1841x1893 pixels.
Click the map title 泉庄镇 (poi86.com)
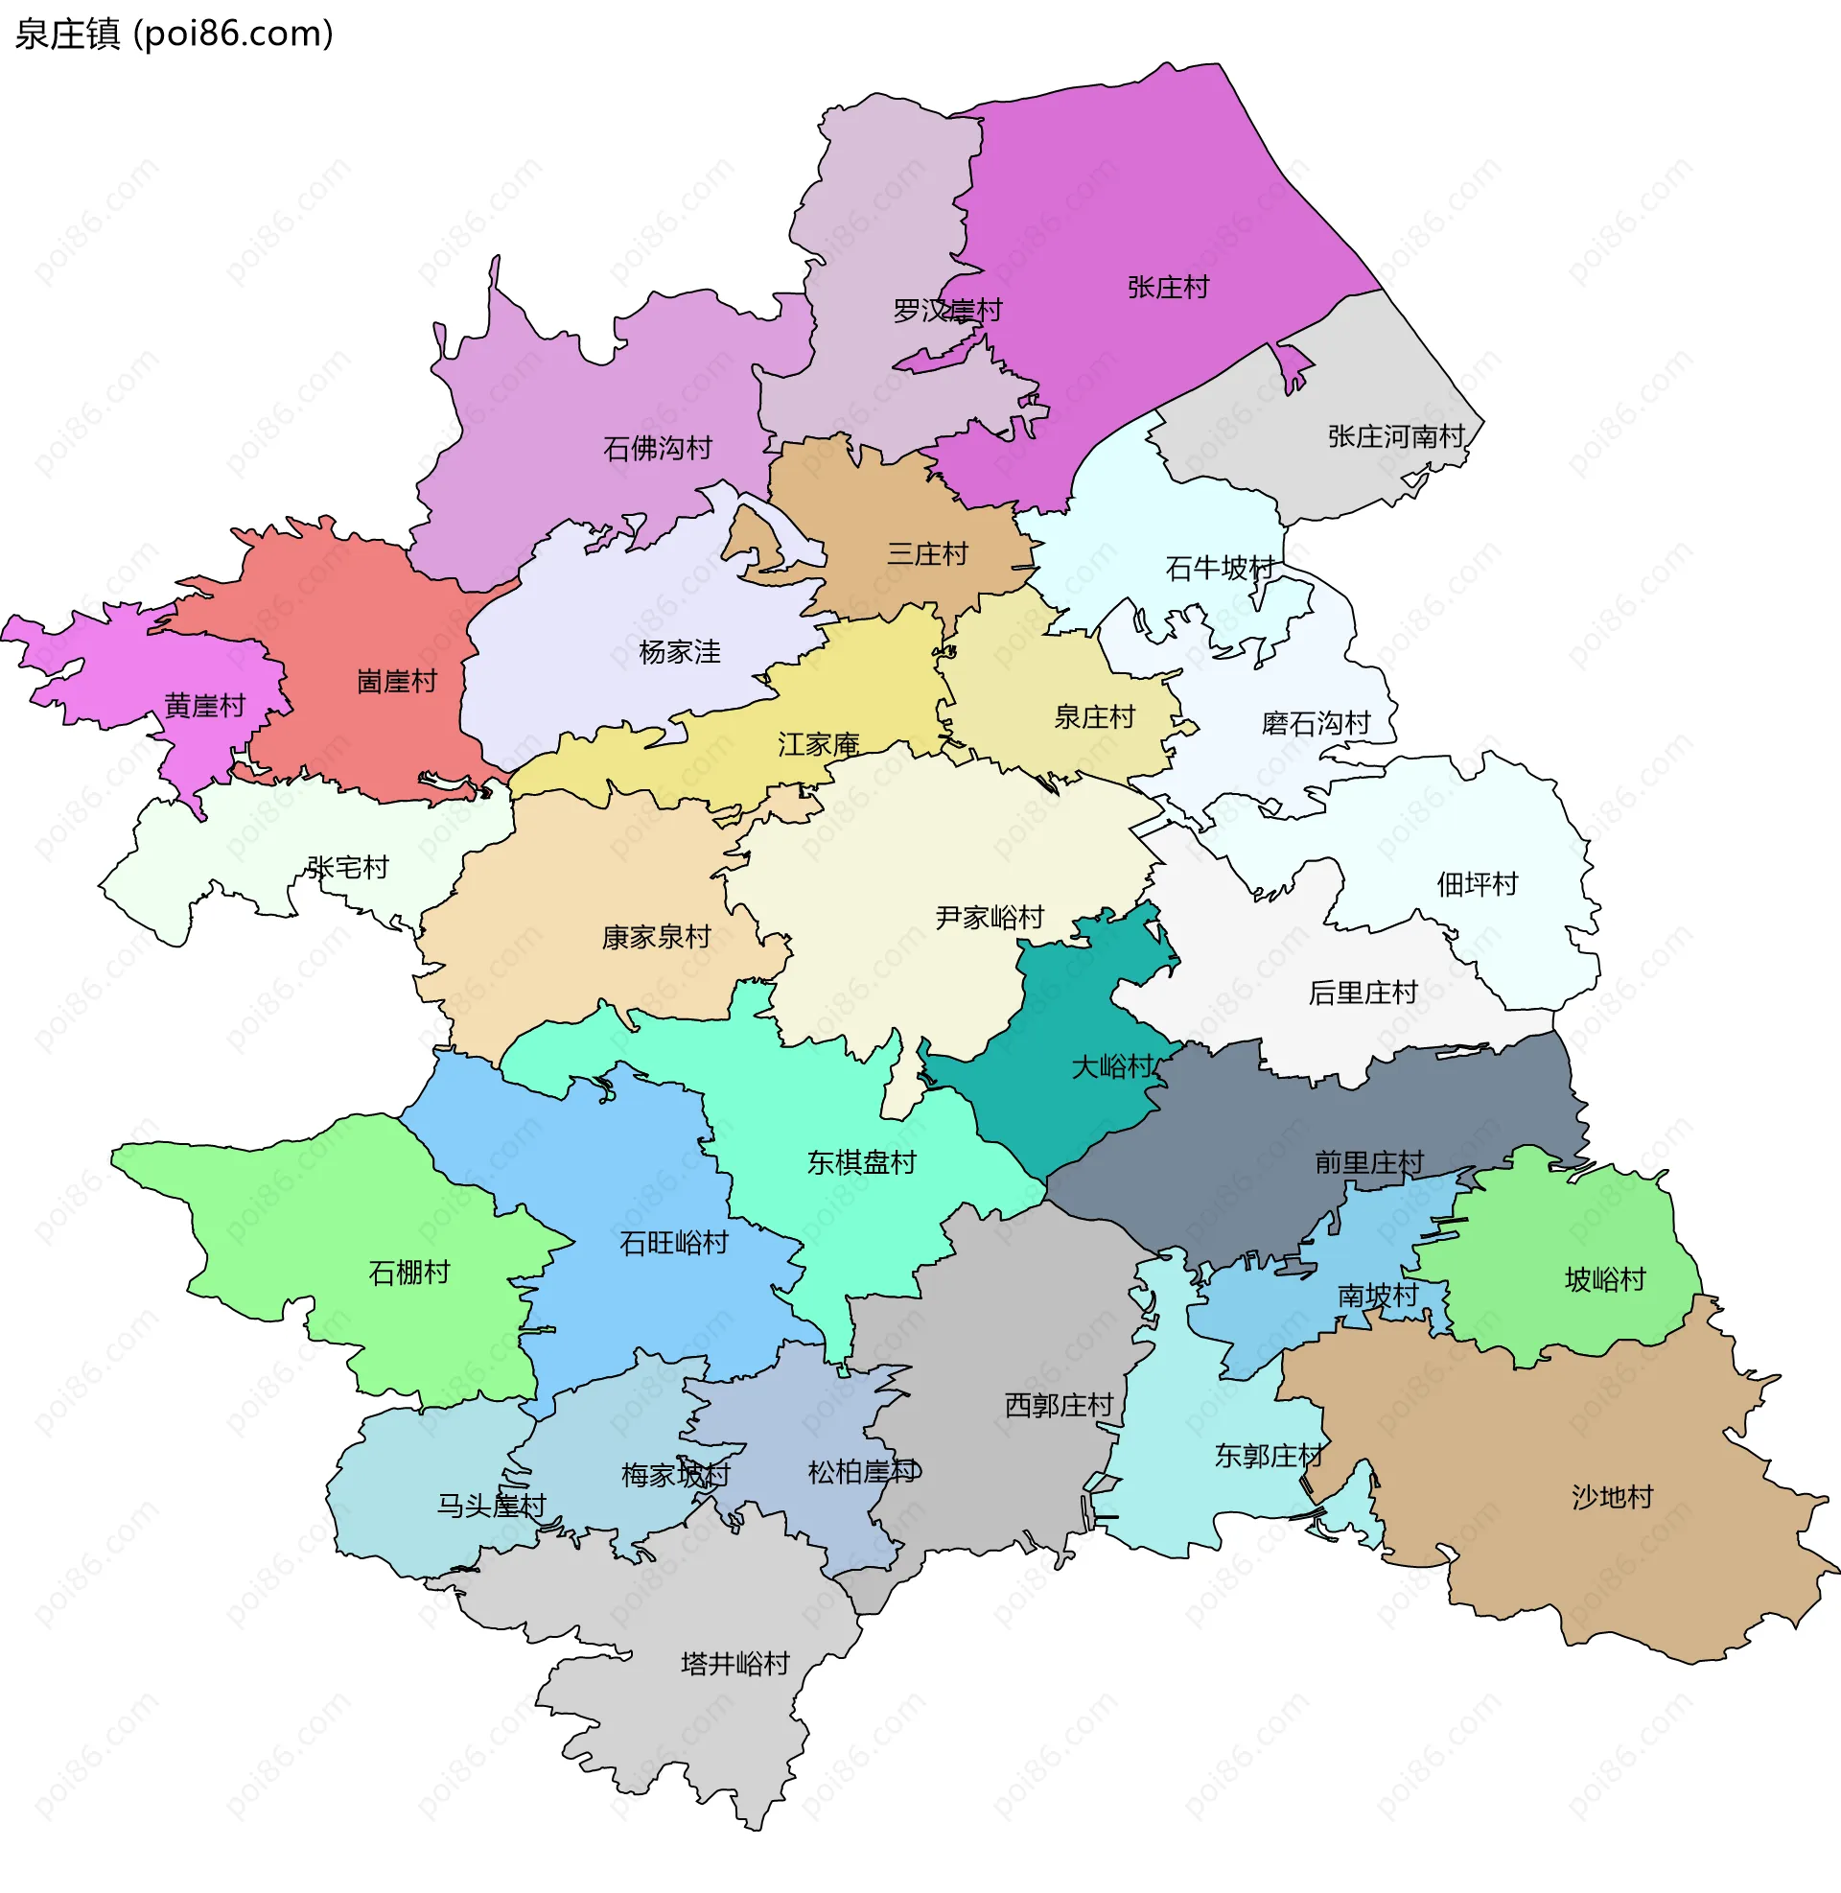175,34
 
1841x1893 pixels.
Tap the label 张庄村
1168,287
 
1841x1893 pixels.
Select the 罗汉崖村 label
947,311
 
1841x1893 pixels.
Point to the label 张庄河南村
1396,437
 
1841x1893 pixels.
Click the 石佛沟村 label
658,449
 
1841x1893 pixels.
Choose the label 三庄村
927,554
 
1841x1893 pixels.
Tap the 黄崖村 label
205,706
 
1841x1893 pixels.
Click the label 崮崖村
396,682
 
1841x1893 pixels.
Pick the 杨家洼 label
680,653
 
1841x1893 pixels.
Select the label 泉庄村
1094,717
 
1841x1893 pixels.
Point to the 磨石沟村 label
1316,723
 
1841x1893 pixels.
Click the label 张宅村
348,867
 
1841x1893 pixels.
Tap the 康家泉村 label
657,937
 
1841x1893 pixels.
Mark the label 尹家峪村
990,918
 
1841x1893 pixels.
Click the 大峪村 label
1112,1067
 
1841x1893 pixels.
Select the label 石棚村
409,1273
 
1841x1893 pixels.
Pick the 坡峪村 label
1605,1280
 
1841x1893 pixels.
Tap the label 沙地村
1613,1498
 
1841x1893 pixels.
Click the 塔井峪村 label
735,1664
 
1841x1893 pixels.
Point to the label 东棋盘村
861,1162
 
